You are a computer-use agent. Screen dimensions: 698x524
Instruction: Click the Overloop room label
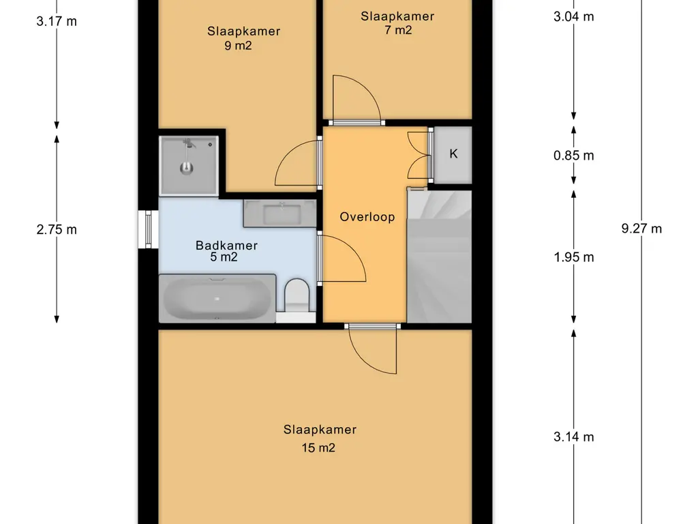click(367, 217)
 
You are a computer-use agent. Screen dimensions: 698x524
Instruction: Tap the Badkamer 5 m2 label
click(226, 251)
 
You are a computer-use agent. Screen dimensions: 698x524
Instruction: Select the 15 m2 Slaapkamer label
click(320, 439)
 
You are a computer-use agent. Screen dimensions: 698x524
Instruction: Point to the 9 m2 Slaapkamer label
click(243, 38)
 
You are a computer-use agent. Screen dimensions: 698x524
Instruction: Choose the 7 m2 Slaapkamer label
click(397, 23)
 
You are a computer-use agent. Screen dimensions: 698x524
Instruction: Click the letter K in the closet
click(453, 154)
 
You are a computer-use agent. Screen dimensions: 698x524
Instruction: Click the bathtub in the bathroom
click(217, 298)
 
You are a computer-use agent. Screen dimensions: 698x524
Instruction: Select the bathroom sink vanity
click(279, 213)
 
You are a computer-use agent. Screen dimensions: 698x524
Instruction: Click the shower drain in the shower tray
click(187, 168)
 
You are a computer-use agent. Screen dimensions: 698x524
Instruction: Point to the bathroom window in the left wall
click(148, 229)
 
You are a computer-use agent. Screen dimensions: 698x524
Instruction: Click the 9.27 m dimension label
click(641, 229)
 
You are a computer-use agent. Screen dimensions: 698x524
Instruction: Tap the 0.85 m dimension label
click(573, 156)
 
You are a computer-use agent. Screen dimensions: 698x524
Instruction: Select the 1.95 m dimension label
click(573, 257)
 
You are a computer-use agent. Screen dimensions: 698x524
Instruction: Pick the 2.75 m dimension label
click(57, 229)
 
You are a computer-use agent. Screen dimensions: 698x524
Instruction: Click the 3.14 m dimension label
click(573, 437)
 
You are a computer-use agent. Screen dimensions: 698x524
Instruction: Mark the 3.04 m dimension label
click(573, 16)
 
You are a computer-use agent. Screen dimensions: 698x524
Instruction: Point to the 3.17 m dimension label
click(57, 21)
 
